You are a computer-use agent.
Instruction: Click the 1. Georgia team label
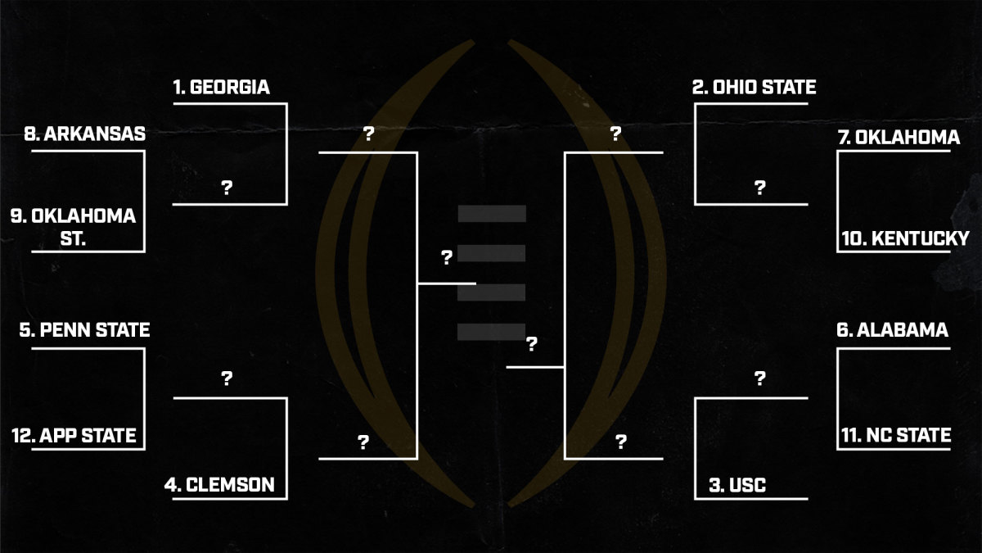pos(221,88)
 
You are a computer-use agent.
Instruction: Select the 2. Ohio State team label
pos(754,88)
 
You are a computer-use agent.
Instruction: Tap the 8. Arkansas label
pos(85,134)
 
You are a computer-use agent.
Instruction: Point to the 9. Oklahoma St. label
pos(73,227)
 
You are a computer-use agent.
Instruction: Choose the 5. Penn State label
pos(85,331)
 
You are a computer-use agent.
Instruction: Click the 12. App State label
pos(74,435)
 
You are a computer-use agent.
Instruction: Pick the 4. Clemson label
pos(219,485)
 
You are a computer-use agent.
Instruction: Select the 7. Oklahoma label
pos(898,138)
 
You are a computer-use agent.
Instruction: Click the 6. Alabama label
pos(892,330)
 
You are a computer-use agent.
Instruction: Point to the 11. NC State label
pos(896,435)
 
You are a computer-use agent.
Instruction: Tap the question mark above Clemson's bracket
pos(227,378)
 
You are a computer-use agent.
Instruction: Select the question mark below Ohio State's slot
pos(759,188)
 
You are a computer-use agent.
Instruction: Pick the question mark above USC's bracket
pos(759,378)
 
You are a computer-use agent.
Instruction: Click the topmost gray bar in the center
pos(492,214)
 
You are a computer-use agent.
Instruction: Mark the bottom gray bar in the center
pos(492,332)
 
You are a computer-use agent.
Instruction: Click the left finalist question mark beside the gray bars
pos(447,258)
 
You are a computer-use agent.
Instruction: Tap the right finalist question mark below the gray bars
pos(532,344)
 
